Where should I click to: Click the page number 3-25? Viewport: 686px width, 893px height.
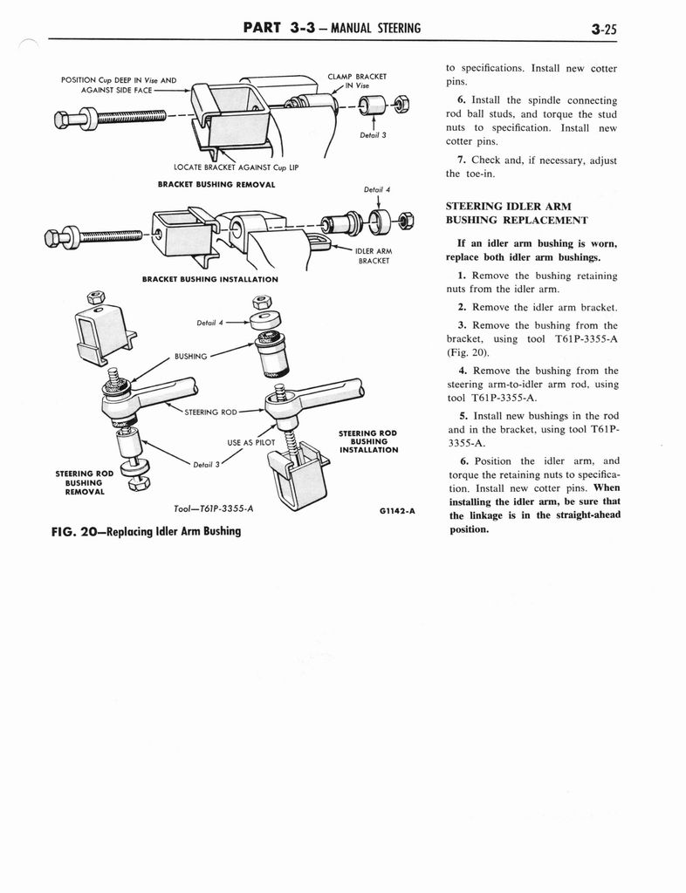602,29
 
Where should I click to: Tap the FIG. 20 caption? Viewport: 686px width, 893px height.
146,530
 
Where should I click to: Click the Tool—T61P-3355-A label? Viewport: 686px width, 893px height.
214,508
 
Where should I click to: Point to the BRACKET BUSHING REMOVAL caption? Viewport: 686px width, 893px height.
216,184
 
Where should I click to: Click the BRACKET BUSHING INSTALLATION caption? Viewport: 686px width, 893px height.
209,279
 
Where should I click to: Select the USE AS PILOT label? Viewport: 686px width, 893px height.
251,442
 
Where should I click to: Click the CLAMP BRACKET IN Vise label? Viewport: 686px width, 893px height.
356,81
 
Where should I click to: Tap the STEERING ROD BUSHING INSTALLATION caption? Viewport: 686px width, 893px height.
367,441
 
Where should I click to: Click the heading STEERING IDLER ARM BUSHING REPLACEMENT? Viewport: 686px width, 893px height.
516,213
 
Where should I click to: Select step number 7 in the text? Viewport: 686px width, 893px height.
460,160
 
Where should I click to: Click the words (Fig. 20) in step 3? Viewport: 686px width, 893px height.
470,352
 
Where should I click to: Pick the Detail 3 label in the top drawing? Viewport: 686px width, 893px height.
373,135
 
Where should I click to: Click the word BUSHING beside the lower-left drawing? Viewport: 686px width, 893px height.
191,356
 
